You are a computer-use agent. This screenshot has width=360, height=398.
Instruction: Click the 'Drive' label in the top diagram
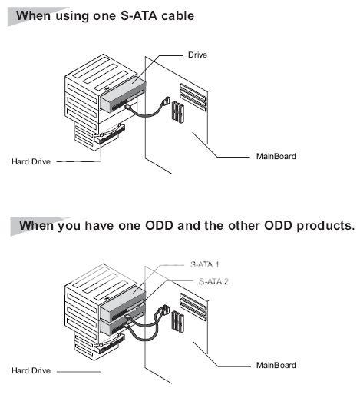click(x=197, y=55)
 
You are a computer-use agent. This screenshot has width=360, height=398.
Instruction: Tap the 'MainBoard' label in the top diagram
click(x=276, y=156)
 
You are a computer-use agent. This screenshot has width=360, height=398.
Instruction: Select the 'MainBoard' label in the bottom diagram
click(x=276, y=365)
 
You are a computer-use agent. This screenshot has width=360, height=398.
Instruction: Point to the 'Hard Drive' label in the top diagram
click(x=31, y=161)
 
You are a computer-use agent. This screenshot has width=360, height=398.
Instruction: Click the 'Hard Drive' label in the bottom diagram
click(x=31, y=370)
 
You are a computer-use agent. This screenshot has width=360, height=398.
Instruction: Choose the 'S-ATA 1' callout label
click(x=205, y=264)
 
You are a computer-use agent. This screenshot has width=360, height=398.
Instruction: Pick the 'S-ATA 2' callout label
click(x=213, y=281)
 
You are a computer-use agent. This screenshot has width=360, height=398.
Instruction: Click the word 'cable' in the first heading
click(x=178, y=16)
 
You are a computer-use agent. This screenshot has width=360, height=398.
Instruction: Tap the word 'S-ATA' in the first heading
click(x=138, y=16)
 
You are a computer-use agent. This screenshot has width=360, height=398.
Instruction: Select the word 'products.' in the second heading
click(x=325, y=226)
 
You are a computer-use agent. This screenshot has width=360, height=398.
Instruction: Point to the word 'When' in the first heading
click(x=33, y=16)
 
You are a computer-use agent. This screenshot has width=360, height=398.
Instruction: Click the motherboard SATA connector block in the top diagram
click(x=178, y=112)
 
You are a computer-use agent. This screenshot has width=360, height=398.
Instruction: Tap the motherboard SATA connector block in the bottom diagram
click(x=177, y=322)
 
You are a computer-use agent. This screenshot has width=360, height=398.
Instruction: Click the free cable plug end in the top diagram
click(x=167, y=101)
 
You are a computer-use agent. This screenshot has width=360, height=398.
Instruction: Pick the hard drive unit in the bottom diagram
click(x=109, y=344)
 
